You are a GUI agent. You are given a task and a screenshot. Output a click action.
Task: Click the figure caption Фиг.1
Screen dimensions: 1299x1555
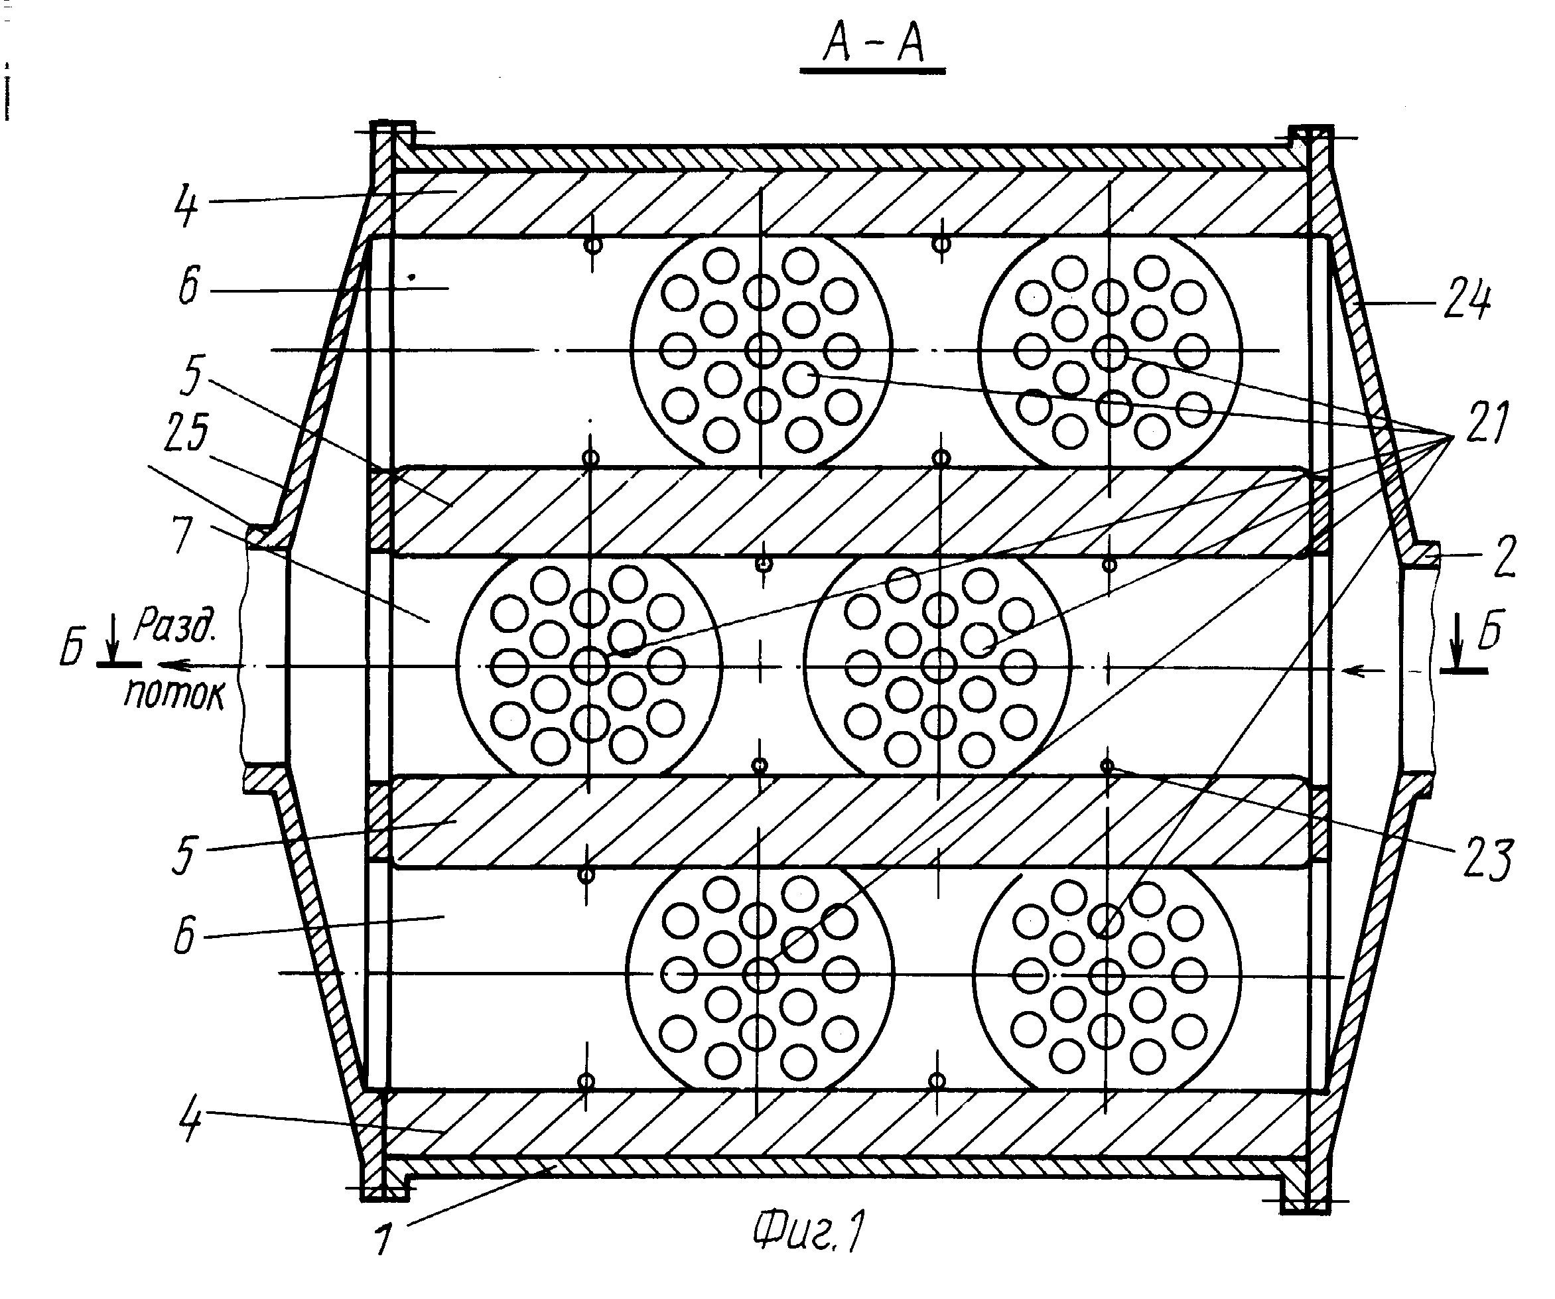pyautogui.click(x=808, y=1231)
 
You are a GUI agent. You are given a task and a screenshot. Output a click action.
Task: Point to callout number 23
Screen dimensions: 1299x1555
pyautogui.click(x=1487, y=859)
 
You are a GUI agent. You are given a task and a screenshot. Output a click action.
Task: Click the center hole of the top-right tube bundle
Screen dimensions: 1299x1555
pyautogui.click(x=1109, y=351)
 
